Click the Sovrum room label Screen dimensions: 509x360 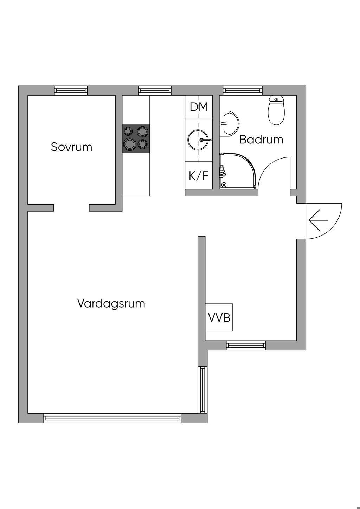pyautogui.click(x=71, y=147)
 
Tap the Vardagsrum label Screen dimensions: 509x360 pyautogui.click(x=111, y=303)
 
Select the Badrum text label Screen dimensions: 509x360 pyautogui.click(x=261, y=140)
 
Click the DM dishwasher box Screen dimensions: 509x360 pyautogui.click(x=199, y=107)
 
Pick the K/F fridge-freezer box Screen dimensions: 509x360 pyautogui.click(x=199, y=175)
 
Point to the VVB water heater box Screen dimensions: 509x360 pyautogui.click(x=219, y=317)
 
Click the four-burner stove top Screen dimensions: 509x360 pyautogui.click(x=136, y=138)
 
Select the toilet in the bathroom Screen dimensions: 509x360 pyautogui.click(x=276, y=110)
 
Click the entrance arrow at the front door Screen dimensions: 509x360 pyautogui.click(x=318, y=220)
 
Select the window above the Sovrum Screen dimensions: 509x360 pyautogui.click(x=71, y=91)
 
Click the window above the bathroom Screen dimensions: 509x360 pyautogui.click(x=243, y=91)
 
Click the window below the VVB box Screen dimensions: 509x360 pyautogui.click(x=245, y=346)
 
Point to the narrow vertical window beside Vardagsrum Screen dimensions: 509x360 pyautogui.click(x=202, y=389)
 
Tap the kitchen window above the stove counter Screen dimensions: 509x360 pyautogui.click(x=155, y=91)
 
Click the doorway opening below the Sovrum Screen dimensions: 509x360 pyautogui.click(x=71, y=208)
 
